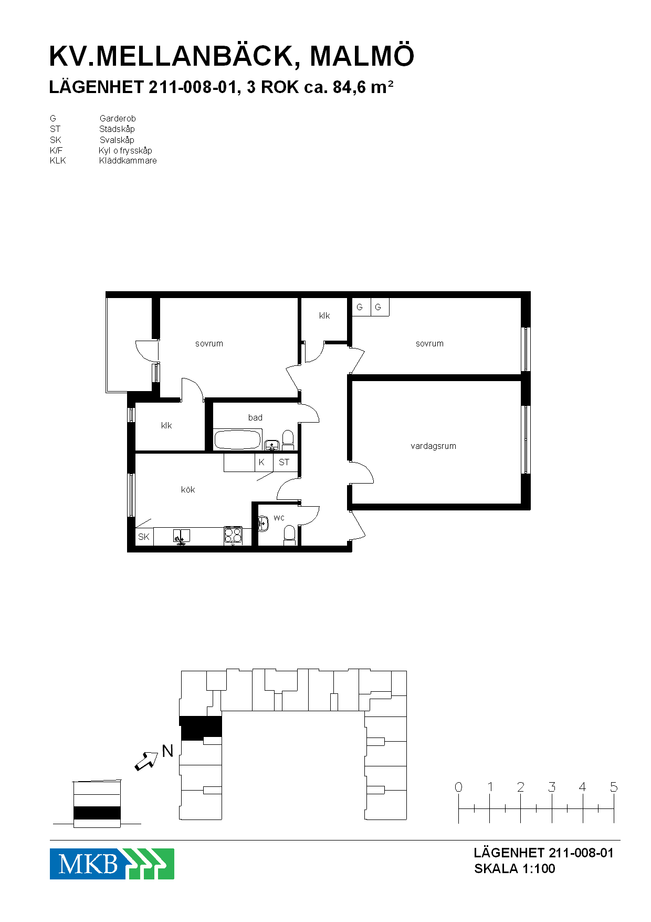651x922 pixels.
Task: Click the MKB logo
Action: pos(112,864)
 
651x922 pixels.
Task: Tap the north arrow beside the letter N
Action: pos(146,761)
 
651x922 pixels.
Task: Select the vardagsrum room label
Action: pos(433,446)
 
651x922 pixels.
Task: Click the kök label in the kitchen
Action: pos(188,489)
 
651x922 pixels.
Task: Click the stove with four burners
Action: pos(233,536)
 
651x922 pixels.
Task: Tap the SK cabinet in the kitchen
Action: pos(144,537)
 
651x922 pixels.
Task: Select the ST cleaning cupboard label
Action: pos(284,462)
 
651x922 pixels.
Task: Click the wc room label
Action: pos(279,518)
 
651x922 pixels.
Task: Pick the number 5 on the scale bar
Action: pos(614,787)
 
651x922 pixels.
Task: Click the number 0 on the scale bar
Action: pos(458,787)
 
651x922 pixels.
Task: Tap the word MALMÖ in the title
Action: pos(362,56)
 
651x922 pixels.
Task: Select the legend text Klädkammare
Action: pos(128,161)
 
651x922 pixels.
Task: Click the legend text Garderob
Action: pos(118,119)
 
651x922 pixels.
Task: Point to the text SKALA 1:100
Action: pos(514,868)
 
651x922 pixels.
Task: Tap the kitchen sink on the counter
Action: pos(181,536)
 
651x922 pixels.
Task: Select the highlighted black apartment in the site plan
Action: pos(201,728)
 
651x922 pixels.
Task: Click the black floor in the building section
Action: pos(97,813)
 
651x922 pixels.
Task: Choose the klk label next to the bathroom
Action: pos(166,425)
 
